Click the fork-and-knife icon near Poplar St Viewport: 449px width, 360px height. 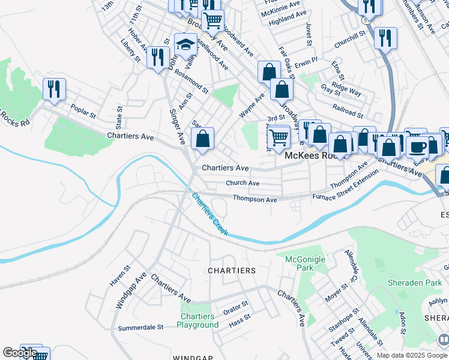pyautogui.click(x=54, y=89)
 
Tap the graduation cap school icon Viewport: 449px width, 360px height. pyautogui.click(x=186, y=44)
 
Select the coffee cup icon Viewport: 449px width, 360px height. pyautogui.click(x=417, y=146)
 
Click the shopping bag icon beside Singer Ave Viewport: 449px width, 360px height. pyautogui.click(x=203, y=139)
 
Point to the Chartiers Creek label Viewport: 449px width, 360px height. pyautogui.click(x=210, y=214)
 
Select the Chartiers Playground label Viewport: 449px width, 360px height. pyautogui.click(x=197, y=320)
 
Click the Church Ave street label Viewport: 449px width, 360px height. pyautogui.click(x=243, y=183)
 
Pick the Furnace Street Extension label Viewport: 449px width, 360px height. pyautogui.click(x=345, y=185)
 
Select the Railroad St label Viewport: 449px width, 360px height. pyautogui.click(x=348, y=110)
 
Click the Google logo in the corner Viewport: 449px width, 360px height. pyautogui.click(x=20, y=353)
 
